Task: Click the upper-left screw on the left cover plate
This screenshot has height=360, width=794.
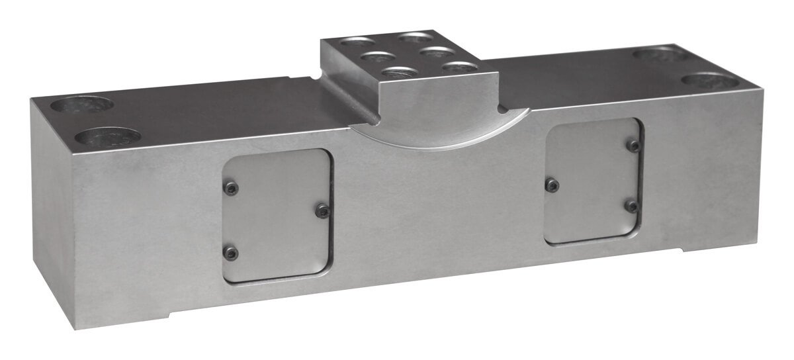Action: (230, 189)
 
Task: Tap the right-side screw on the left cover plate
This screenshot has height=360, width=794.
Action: (322, 210)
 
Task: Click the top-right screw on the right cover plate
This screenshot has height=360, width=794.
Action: (634, 146)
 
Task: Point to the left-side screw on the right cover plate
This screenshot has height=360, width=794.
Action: (552, 185)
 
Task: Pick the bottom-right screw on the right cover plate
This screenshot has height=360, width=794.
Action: (632, 206)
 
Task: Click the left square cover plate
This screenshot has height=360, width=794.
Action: (277, 215)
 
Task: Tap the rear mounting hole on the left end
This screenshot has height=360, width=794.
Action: (82, 104)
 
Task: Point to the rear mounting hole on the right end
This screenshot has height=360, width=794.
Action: (658, 55)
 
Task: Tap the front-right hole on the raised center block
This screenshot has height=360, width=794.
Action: (459, 67)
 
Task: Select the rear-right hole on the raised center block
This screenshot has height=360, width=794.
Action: (417, 36)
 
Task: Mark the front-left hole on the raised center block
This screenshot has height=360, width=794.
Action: (400, 73)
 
